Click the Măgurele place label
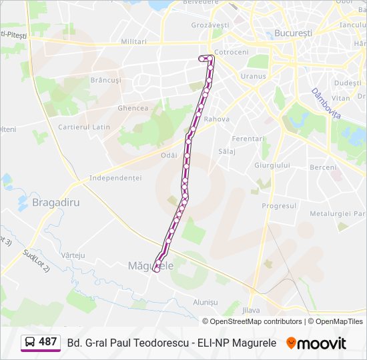coord(150,265)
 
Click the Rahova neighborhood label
coord(217,119)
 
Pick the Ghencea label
coord(132,108)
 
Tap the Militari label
coord(133,41)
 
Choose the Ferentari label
coord(248,138)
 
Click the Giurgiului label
coord(272,165)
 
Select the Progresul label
coord(279,206)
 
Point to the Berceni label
coord(324,167)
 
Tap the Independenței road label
coord(115,178)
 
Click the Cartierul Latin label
coord(84,127)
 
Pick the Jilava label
coord(251,310)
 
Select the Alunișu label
coord(205,301)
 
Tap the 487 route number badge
coord(41,343)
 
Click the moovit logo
coord(316,343)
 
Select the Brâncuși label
coord(106,79)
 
